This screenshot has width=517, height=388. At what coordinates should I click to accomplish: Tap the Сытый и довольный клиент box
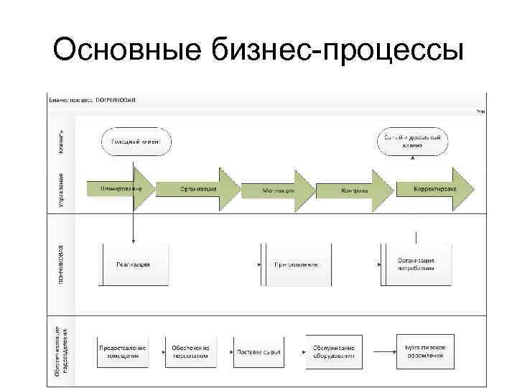(x=412, y=140)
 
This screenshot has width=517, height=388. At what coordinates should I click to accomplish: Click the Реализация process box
(x=134, y=264)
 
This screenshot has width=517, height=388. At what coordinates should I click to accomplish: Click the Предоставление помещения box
(x=123, y=351)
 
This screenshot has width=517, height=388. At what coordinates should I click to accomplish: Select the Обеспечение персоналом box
(x=190, y=351)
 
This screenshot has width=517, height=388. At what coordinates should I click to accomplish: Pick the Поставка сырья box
(x=258, y=352)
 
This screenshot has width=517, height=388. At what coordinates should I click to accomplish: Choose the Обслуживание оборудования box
(x=332, y=351)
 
